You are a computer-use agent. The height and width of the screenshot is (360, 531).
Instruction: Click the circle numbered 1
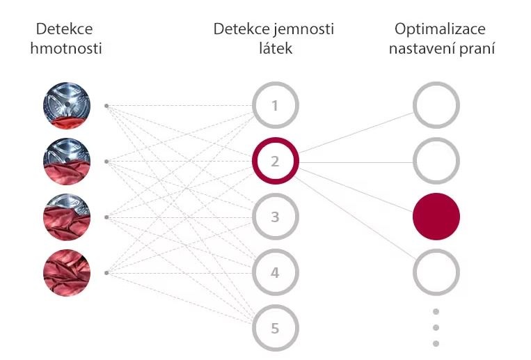[275, 107]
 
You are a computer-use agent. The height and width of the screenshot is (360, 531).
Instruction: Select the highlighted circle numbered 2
[275, 162]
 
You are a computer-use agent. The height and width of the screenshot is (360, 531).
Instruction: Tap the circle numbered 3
[275, 217]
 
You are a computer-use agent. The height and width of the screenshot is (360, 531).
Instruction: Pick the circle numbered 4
[275, 272]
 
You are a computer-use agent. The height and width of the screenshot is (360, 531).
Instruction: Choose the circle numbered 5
[275, 327]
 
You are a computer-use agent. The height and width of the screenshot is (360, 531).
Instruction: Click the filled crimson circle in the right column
[436, 217]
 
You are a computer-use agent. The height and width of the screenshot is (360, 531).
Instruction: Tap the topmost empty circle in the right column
[436, 107]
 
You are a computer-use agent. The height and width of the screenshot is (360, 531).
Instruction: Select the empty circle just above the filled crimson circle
[436, 162]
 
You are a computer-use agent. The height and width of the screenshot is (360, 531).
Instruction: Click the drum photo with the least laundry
[67, 107]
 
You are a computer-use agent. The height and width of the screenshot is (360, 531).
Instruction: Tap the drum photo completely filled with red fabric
[67, 272]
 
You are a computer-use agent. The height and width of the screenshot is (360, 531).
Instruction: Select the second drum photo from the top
[67, 162]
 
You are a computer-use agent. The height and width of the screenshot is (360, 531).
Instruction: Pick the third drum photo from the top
[67, 217]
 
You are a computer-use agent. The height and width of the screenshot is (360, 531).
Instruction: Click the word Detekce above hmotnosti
[64, 29]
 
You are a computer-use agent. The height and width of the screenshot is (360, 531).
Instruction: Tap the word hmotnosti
[67, 49]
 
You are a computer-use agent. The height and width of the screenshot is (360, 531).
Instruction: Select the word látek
[274, 49]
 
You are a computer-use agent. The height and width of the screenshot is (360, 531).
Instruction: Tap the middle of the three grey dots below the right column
[436, 327]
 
